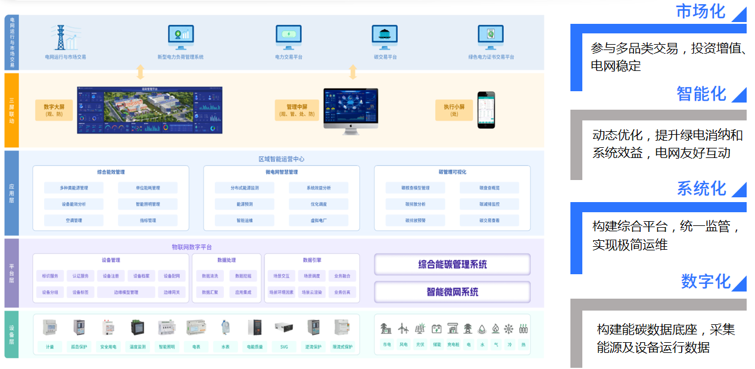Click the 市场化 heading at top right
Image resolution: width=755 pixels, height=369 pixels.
[701, 11]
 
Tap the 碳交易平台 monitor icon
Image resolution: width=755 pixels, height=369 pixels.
[385, 37]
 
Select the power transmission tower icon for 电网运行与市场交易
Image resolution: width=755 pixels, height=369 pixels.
[61, 37]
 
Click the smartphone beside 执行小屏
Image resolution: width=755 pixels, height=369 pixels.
[486, 110]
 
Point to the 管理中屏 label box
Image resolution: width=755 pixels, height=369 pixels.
[296, 110]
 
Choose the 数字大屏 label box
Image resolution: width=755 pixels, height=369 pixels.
[54, 110]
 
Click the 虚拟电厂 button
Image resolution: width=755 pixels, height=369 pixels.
[319, 221]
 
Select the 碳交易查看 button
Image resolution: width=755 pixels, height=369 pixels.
[489, 221]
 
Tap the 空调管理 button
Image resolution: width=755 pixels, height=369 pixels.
[74, 221]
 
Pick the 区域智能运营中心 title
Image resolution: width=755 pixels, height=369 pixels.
[282, 159]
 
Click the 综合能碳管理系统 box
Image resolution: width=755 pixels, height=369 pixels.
[452, 264]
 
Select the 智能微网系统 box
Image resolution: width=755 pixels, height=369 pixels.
[452, 292]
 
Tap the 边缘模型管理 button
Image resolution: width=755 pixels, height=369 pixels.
[126, 292]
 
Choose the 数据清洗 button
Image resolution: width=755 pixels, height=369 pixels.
[210, 276]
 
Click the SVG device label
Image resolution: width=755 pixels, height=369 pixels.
[283, 346]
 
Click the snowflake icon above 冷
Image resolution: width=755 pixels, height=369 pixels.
[508, 328]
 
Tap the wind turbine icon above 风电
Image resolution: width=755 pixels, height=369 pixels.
[403, 328]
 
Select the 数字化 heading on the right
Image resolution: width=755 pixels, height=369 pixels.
[706, 281]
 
